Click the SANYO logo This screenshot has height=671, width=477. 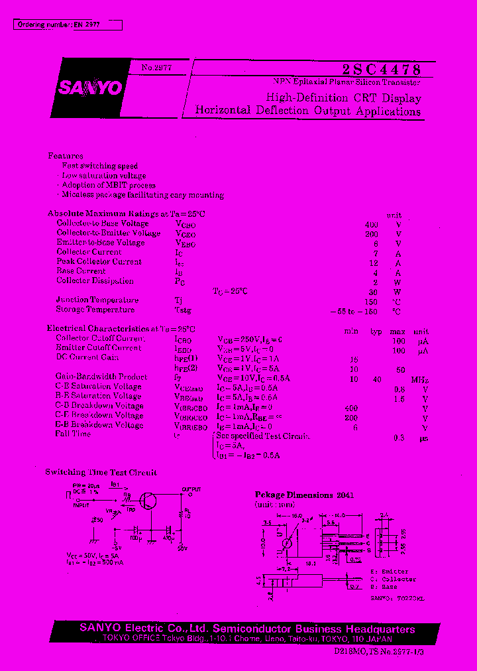pos(89,88)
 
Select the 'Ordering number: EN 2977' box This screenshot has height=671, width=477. pos(68,25)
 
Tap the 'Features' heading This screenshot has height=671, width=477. pos(66,155)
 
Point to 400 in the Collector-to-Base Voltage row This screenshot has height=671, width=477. pos(372,224)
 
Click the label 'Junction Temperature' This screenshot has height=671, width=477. pos(97,300)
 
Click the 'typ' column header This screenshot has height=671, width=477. pos(376,332)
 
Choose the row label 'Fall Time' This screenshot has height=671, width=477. pos(73,434)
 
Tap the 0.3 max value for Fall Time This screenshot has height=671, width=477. pos(399,438)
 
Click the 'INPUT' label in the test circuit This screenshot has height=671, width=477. pos(81,505)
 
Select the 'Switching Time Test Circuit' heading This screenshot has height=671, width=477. pos(101,473)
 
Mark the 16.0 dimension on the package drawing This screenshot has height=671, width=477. pos(295,515)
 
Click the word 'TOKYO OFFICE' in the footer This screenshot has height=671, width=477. pos(129,639)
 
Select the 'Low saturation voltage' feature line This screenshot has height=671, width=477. pos(104,176)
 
